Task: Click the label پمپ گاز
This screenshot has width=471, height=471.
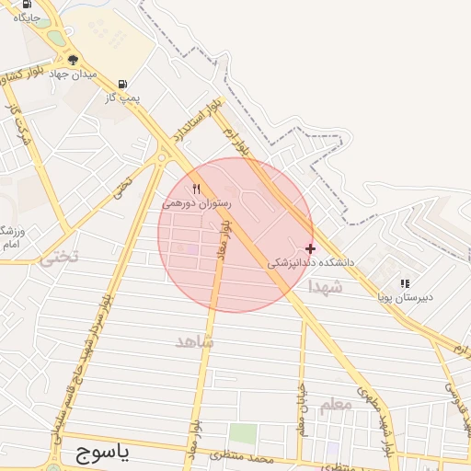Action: [121, 96]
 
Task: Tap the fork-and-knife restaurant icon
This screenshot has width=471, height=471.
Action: [196, 190]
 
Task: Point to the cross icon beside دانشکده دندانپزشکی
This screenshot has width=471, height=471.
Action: [310, 248]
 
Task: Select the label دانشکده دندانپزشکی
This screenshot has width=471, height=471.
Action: [310, 262]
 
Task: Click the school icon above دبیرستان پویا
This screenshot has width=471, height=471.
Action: [405, 283]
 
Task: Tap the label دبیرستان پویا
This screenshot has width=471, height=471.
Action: [405, 297]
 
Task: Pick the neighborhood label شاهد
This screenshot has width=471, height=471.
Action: [194, 341]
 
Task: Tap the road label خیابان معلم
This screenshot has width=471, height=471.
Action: [301, 409]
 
